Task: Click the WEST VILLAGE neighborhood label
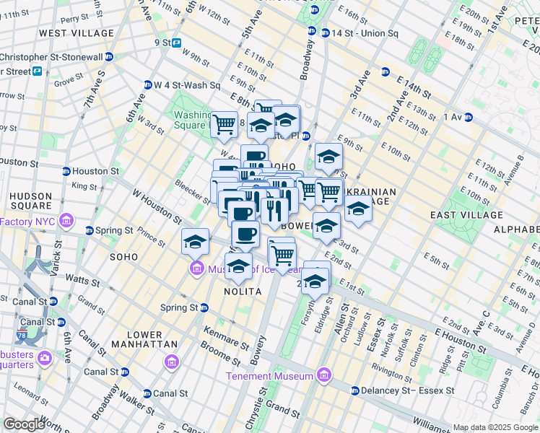tap(77, 33)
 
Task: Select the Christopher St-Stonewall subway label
tap(51, 57)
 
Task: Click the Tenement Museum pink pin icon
tap(323, 375)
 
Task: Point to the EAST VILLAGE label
tap(466, 215)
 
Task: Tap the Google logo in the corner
tap(24, 424)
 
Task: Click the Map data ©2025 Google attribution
tap(495, 427)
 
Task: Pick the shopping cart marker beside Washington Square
tap(225, 123)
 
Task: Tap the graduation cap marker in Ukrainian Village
tap(357, 209)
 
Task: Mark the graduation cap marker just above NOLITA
tap(239, 266)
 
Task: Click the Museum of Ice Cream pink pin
tap(196, 270)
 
